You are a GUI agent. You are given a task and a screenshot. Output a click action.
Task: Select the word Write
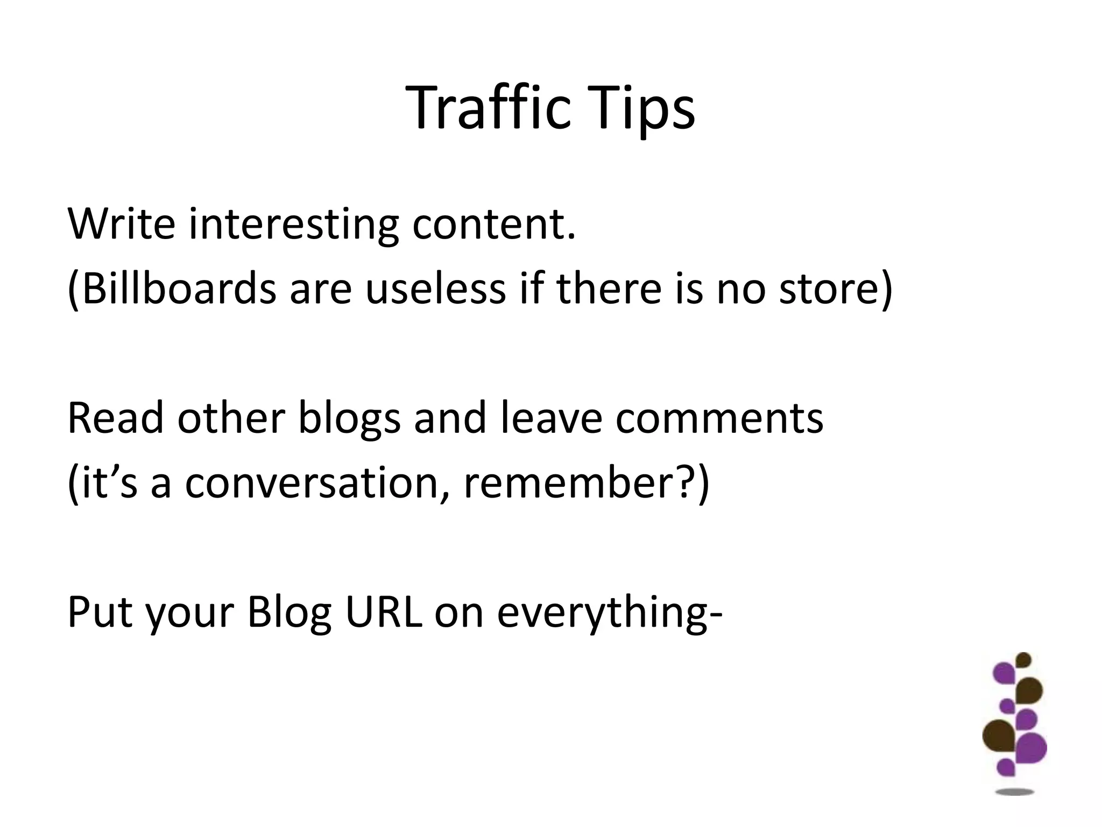click(x=122, y=223)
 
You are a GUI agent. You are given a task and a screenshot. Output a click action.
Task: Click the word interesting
click(x=294, y=223)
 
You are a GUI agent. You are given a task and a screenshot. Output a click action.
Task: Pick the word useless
click(x=436, y=289)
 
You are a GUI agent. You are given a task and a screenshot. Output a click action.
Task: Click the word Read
click(x=115, y=418)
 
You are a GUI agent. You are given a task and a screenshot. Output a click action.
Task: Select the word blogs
click(x=349, y=418)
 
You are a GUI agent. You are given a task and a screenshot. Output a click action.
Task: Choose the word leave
click(x=551, y=418)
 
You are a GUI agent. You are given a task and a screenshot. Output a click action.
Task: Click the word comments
click(x=719, y=418)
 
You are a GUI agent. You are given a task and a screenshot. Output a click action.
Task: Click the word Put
click(x=100, y=612)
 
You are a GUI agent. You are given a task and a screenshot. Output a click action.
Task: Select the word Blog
click(x=289, y=612)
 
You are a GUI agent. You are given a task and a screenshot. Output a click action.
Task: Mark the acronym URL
click(x=383, y=612)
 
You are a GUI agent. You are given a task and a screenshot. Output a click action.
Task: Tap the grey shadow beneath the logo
click(x=1015, y=792)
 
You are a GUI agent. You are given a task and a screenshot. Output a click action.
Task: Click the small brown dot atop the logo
click(x=1023, y=660)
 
